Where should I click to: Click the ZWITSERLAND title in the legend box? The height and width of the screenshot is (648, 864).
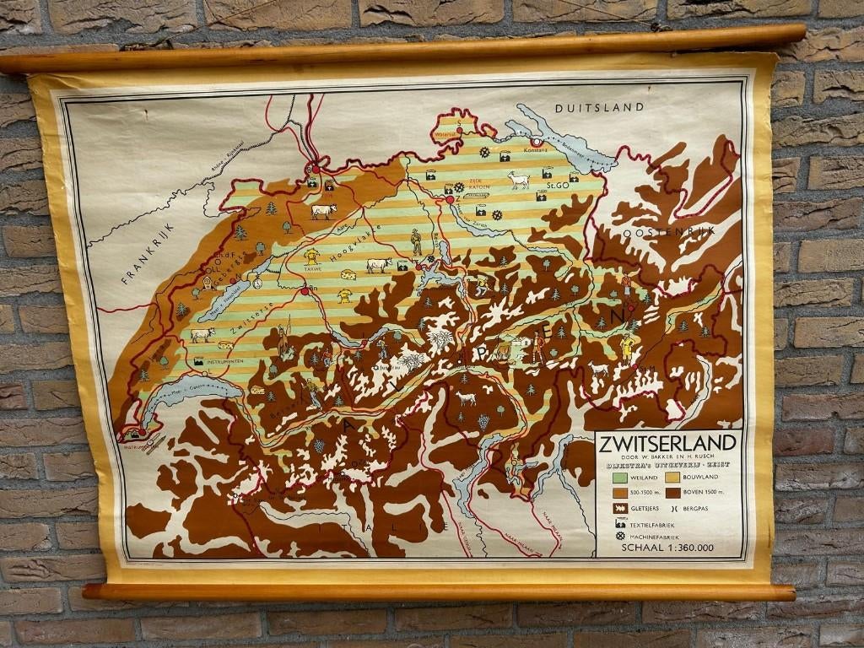pyautogui.click(x=668, y=444)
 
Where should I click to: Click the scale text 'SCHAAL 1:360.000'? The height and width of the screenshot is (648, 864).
pyautogui.click(x=667, y=548)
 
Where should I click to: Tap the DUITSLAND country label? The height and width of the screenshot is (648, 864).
pyautogui.click(x=599, y=107)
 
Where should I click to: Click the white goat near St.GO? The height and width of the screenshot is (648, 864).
pyautogui.click(x=518, y=179)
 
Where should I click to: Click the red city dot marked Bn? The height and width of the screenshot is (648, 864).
pyautogui.click(x=304, y=290)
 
